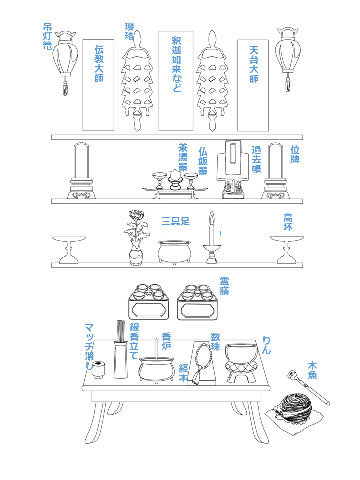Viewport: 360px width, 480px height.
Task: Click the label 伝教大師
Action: coord(99,64)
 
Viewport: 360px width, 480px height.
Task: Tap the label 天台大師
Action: coord(254,64)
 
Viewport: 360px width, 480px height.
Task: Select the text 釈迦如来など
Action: coord(176,64)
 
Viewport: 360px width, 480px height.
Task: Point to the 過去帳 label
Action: coord(256,159)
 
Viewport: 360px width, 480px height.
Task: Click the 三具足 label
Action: coord(175,221)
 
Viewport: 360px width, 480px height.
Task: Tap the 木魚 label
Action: coord(312,370)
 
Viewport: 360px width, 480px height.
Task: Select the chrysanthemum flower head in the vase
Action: coord(136,215)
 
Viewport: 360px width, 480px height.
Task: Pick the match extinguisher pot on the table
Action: coord(99,370)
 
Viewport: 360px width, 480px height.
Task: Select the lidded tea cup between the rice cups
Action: coord(175,179)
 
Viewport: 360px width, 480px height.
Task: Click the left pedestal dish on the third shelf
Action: coord(69,250)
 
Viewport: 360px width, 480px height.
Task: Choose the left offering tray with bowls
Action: coord(149,302)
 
